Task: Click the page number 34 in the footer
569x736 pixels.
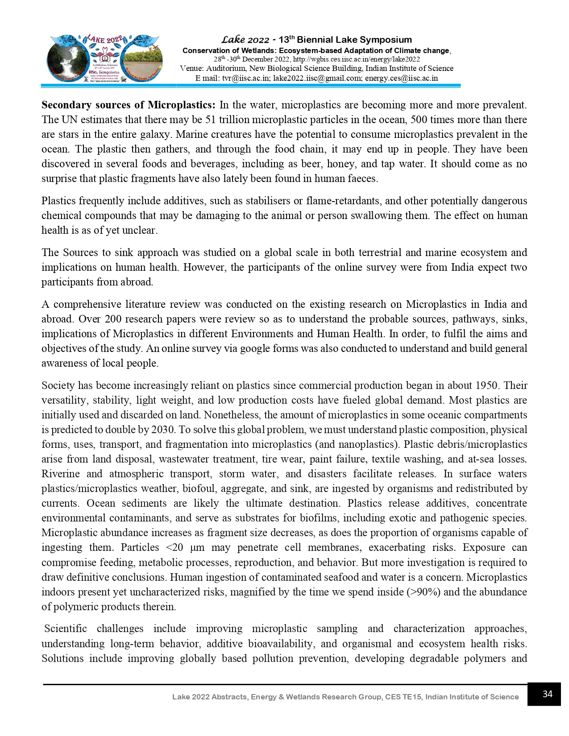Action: point(547,694)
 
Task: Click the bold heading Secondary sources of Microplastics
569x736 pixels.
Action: point(129,105)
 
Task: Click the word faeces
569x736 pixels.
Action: point(364,179)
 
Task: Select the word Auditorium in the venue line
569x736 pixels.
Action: point(225,69)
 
